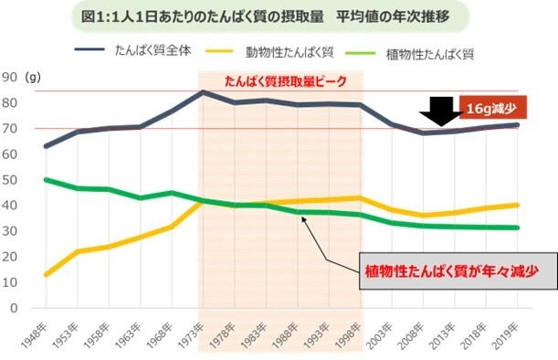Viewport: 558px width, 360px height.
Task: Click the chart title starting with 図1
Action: coord(279,16)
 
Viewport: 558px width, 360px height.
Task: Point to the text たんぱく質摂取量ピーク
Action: coord(286,81)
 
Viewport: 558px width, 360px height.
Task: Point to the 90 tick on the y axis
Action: coord(12,77)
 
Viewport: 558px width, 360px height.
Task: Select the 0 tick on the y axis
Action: coord(15,308)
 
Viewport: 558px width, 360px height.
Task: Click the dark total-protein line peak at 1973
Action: coord(202,91)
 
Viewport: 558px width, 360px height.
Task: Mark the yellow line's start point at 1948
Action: coord(47,274)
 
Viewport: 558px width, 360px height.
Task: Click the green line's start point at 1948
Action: coord(47,180)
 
